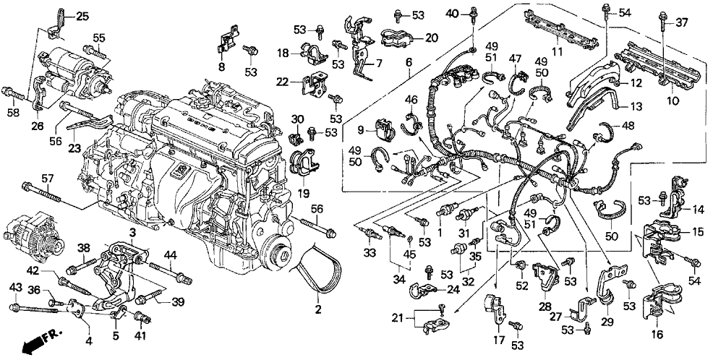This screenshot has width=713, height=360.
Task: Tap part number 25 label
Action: coord(82,16)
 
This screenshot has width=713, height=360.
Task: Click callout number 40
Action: coord(453,13)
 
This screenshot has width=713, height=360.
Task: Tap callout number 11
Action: coord(558,53)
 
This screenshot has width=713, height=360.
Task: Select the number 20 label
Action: coord(432,37)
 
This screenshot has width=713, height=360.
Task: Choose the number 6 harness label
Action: coord(409,63)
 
